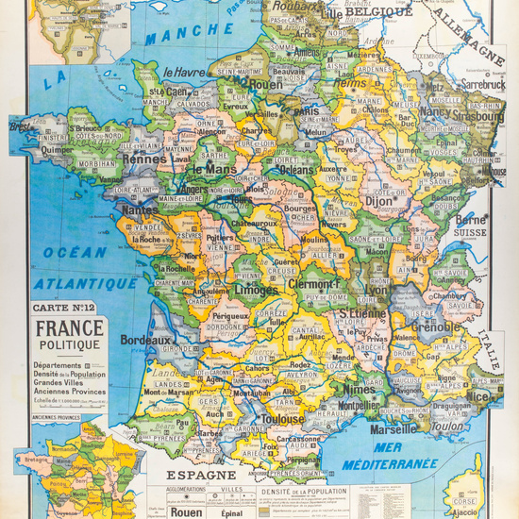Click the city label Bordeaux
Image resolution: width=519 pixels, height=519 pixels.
tap(144, 340)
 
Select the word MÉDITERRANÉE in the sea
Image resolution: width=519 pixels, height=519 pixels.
tap(390, 463)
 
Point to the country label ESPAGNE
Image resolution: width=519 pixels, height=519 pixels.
tap(201, 476)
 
